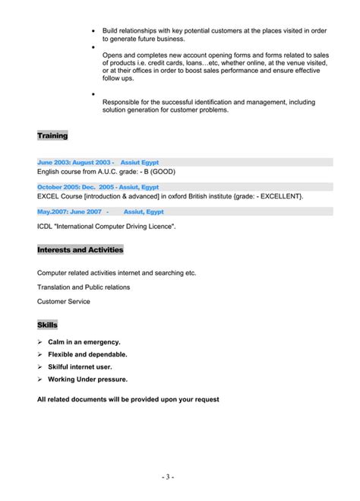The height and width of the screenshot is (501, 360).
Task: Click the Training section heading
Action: point(52,135)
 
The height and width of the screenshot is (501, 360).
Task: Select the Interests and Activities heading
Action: point(80,249)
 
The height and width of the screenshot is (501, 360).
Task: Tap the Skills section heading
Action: point(47,325)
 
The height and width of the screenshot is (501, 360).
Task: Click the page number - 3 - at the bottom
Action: point(168,477)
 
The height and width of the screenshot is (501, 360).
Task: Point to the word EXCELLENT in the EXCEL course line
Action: point(276,196)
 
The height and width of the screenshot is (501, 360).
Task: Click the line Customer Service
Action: point(64,301)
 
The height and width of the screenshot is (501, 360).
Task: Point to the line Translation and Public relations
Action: point(84,287)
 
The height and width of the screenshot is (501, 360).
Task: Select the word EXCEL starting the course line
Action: point(48,196)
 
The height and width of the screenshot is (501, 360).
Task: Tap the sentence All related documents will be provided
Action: point(128,399)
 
